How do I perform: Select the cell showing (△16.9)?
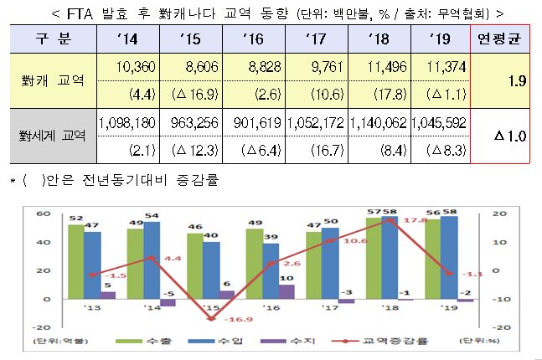point(191,95)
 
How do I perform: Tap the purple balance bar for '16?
point(286,291)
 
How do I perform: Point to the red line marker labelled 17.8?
point(390,220)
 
